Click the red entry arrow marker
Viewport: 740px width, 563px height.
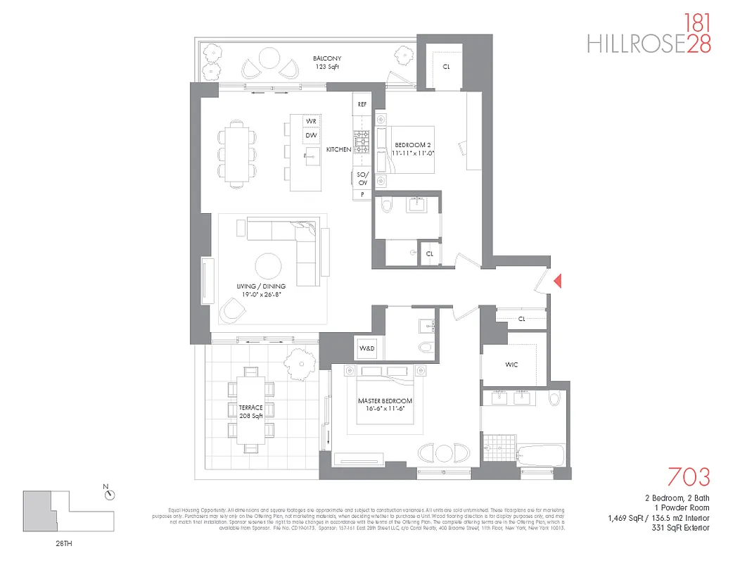tap(557, 281)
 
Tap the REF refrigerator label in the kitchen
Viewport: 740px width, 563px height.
tap(362, 104)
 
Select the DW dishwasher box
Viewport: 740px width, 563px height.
tap(310, 137)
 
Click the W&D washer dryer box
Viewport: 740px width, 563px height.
tap(367, 348)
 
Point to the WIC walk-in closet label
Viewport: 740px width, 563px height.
tap(512, 365)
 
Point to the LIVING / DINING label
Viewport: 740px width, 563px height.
tap(257, 291)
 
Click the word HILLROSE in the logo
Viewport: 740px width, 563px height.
tap(636, 44)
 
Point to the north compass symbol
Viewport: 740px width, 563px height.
tap(108, 494)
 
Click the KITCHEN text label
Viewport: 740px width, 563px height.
tap(338, 149)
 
